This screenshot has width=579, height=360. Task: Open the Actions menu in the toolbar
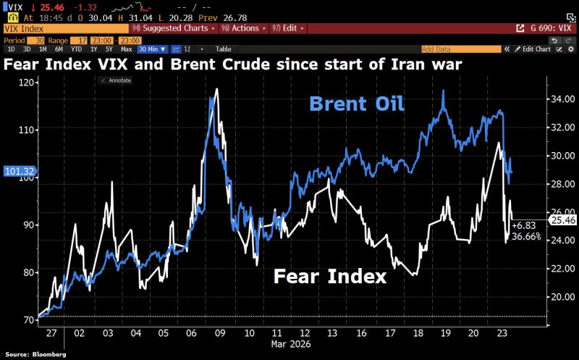[245, 28]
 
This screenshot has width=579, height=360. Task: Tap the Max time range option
[127, 49]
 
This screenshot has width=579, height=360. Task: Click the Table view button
[224, 49]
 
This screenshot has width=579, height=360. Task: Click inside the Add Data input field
[460, 49]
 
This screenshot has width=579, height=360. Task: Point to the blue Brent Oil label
[356, 104]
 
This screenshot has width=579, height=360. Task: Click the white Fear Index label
[329, 276]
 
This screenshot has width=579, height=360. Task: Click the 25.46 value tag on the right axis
[562, 219]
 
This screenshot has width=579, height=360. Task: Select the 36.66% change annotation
[526, 237]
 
